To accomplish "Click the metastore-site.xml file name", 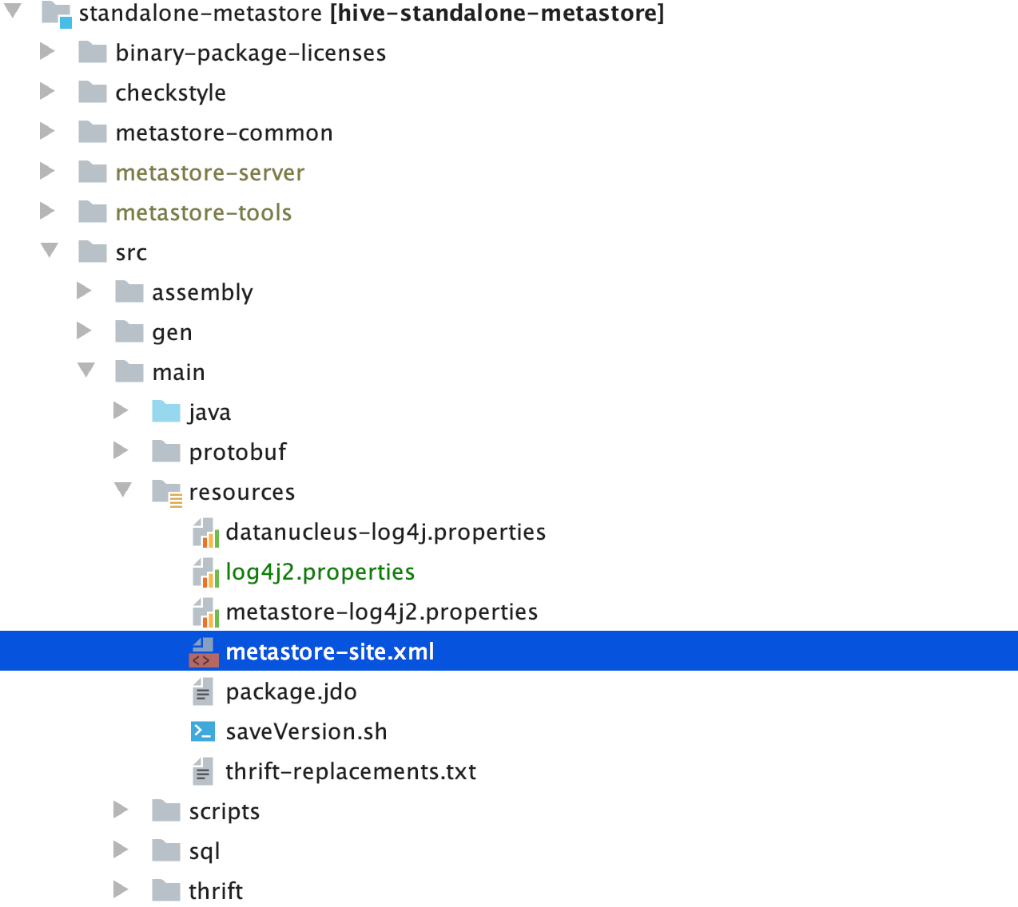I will click(x=329, y=652).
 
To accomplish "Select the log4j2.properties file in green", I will click(x=320, y=572).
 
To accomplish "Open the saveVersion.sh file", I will click(x=306, y=731).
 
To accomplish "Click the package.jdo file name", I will click(x=291, y=691).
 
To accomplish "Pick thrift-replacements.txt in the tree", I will click(x=350, y=771).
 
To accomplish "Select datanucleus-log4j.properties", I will click(x=385, y=532).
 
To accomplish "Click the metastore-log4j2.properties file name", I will click(x=381, y=612).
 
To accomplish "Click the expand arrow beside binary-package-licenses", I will click(x=47, y=52).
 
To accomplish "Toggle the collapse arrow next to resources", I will click(x=122, y=489).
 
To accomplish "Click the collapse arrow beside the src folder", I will click(x=49, y=250).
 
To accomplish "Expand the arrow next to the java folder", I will click(x=121, y=410).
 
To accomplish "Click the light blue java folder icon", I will click(x=166, y=411).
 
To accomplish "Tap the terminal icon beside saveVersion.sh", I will click(x=203, y=731).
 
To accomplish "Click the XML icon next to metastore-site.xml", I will click(x=203, y=652).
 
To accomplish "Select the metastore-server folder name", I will click(x=209, y=172).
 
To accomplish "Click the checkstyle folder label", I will click(x=170, y=93).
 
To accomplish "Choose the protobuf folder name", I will click(x=237, y=452).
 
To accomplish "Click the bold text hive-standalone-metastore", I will click(x=497, y=13).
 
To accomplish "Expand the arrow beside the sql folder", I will click(x=121, y=850).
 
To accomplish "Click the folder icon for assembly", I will click(x=129, y=291).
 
